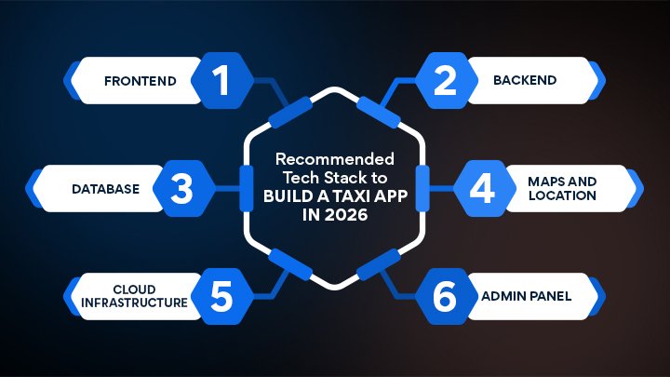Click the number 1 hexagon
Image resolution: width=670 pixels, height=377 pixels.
click(x=221, y=80)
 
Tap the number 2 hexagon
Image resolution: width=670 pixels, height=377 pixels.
click(x=446, y=80)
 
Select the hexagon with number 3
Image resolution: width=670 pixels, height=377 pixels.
click(x=181, y=189)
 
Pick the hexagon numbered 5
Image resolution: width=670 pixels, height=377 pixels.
click(x=221, y=297)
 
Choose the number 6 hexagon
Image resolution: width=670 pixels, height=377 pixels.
click(x=446, y=297)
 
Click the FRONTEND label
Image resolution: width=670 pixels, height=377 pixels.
click(x=140, y=80)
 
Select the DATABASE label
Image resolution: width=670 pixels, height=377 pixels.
click(x=105, y=189)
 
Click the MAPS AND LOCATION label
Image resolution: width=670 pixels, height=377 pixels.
click(x=561, y=189)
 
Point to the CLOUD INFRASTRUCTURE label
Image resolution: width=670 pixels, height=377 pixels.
click(x=134, y=297)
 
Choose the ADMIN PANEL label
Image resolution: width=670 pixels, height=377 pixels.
click(x=527, y=297)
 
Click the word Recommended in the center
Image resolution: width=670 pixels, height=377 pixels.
click(x=333, y=158)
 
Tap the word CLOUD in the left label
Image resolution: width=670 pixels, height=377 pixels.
click(x=134, y=289)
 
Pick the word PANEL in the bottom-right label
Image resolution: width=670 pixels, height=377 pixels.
click(x=549, y=297)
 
